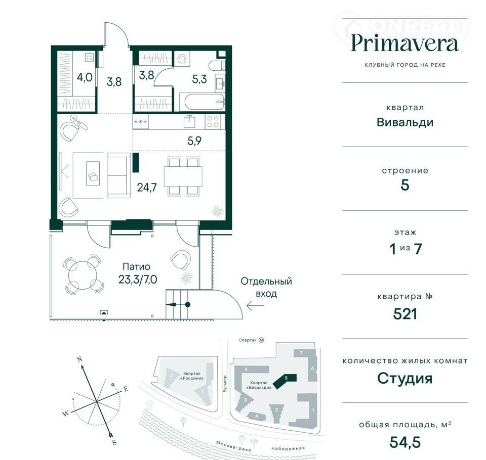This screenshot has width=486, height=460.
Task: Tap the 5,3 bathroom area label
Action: coord(199,79)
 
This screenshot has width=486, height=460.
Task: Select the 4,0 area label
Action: coord(85,77)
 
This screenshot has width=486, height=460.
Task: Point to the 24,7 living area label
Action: coord(147,187)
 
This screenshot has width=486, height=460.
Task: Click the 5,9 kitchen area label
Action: coord(194,141)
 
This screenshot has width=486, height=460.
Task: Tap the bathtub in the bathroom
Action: coord(201,102)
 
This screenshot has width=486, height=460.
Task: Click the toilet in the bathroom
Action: coord(217,66)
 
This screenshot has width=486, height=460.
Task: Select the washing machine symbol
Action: coord(182,59)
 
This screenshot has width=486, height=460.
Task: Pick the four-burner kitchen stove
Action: coord(213,122)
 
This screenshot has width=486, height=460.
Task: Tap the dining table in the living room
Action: coord(183,176)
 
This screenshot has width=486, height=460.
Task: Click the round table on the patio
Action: coord(83,274)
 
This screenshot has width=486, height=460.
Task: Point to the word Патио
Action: coord(136,266)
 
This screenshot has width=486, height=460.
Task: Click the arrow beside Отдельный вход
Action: coord(255,306)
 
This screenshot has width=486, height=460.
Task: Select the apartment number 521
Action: coord(405,314)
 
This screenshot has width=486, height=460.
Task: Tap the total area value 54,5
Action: coord(405,442)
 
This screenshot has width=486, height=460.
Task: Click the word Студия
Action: coord(405,378)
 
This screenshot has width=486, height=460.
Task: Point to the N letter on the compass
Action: coord(79,359)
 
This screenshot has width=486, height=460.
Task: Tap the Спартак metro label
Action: coord(248,340)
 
